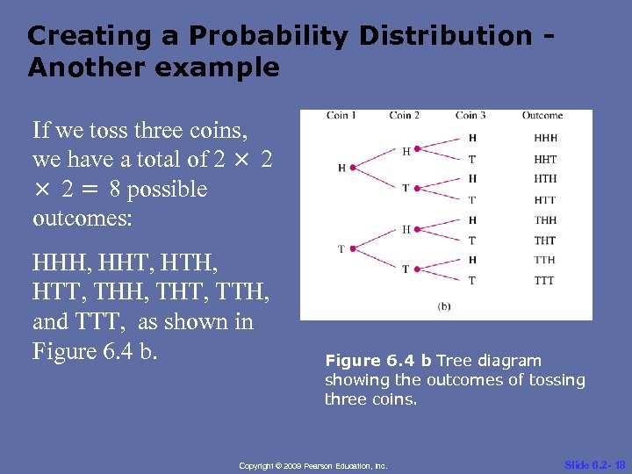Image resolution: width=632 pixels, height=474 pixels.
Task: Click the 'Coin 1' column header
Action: (x=341, y=115)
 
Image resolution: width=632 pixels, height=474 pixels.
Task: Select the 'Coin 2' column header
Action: (x=404, y=115)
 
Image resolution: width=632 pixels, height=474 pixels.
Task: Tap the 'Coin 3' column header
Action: (x=471, y=115)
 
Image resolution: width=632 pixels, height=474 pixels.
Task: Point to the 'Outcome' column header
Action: (x=542, y=115)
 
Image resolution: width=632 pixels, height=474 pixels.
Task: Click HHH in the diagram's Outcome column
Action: (x=545, y=138)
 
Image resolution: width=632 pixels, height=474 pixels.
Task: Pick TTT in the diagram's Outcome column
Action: (x=544, y=281)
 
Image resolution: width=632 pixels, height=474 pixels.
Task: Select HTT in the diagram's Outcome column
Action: (x=544, y=200)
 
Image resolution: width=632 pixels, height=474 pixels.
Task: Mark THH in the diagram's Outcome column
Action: (x=544, y=220)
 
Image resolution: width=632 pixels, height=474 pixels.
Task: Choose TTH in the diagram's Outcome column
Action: (x=544, y=260)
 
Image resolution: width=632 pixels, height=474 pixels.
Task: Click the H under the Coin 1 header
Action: (x=341, y=168)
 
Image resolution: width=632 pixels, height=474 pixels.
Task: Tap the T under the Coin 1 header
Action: (x=341, y=249)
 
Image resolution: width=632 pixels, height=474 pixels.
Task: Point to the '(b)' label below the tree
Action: (x=445, y=305)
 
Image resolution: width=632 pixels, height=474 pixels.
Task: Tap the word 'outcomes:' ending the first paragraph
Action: (x=82, y=219)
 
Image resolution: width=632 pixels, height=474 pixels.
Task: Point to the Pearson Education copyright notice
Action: (x=313, y=465)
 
